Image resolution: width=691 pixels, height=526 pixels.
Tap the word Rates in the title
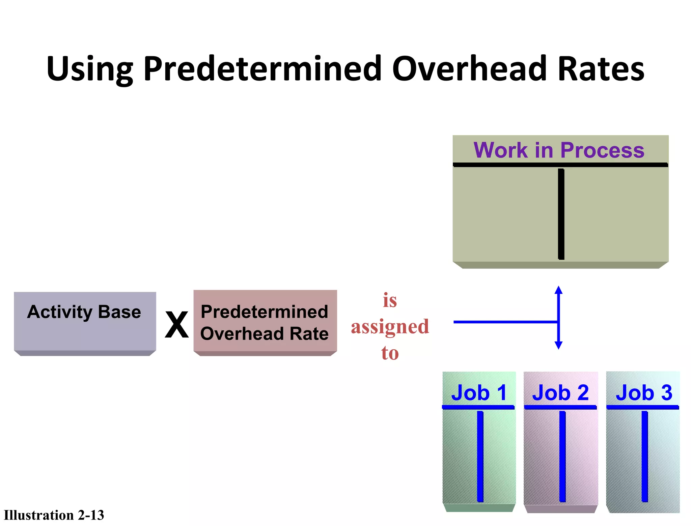pos(601,69)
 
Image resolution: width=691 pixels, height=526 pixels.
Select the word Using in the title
pos(90,69)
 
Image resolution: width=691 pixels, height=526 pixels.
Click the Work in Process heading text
pos(559,150)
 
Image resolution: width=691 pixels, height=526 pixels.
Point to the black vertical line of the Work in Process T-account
pos(561,214)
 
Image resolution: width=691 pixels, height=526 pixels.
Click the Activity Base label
pos(84,312)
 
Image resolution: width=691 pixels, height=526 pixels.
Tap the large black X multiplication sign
pos(176,325)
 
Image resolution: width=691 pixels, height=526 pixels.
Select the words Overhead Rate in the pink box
pos(264,334)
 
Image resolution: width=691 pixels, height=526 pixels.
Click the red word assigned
pos(390,327)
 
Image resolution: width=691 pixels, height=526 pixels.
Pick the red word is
pos(390,300)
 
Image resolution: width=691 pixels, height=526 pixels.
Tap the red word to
pos(390,353)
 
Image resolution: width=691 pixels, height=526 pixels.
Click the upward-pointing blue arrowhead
pos(559,290)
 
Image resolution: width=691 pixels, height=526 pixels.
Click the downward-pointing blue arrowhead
pos(559,345)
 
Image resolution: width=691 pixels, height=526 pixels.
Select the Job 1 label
pos(479,393)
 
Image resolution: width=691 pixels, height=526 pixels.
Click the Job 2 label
pos(560,393)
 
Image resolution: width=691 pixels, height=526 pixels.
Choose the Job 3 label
pos(644,393)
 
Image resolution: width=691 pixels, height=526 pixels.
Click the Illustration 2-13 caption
pos(54,515)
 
